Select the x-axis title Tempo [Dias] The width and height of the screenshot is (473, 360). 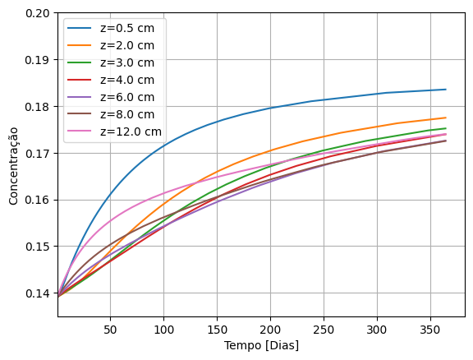point(261,345)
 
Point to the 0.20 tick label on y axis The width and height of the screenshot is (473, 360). point(37,14)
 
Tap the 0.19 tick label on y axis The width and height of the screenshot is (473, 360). point(37,61)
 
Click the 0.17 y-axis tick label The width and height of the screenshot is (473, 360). point(37,154)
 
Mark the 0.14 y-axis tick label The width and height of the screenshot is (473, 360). point(37,293)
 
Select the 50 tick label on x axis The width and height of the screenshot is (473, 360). point(110,329)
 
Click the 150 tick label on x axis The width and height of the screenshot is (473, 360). point(217,329)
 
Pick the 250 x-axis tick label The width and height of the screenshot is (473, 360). point(324,329)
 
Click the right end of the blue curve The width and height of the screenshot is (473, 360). point(446,90)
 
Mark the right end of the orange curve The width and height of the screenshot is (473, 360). point(446,118)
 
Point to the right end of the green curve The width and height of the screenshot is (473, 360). point(446,128)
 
